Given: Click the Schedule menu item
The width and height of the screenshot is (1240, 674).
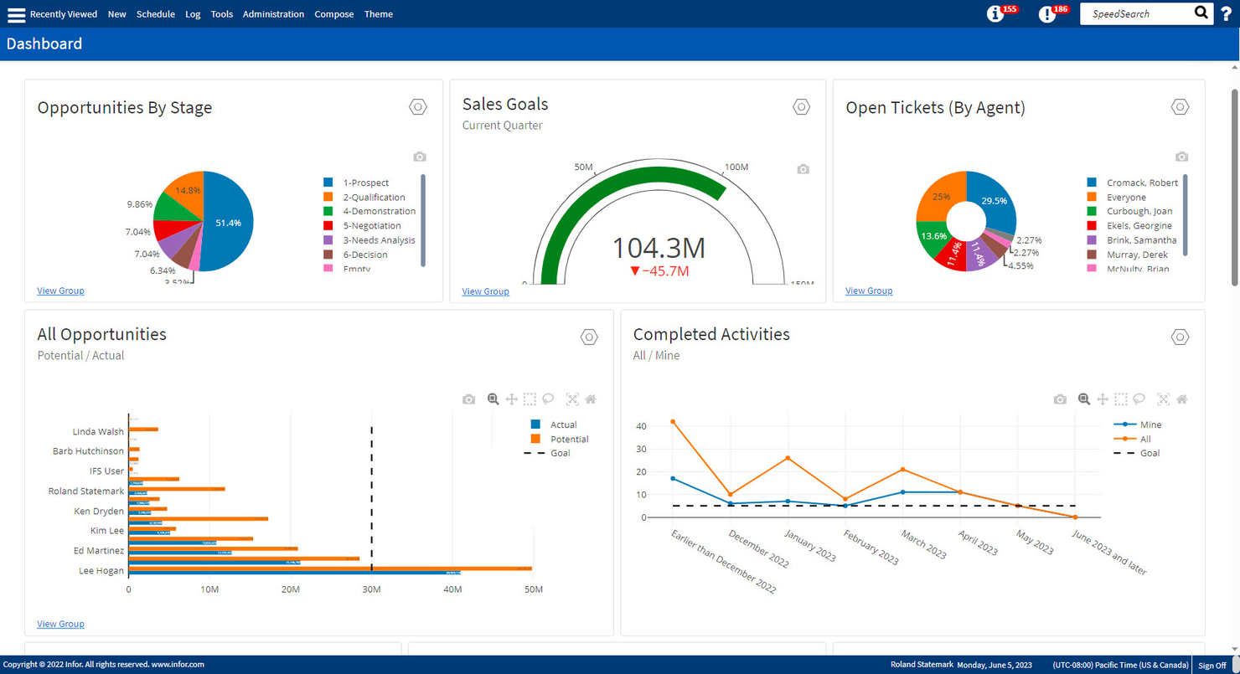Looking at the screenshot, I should [155, 14].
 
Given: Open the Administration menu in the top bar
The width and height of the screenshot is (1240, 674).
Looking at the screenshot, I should [273, 14].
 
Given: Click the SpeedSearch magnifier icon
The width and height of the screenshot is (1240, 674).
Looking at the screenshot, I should [1201, 13].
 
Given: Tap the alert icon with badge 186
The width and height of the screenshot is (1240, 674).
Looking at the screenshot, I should [1047, 14].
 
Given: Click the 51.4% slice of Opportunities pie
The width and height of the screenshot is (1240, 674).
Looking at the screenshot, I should [228, 223].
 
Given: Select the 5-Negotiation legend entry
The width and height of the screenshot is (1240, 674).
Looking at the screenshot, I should [371, 226].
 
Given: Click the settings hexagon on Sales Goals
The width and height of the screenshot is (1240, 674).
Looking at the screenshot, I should [801, 107].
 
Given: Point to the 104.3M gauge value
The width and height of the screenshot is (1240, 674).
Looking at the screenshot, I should [659, 248].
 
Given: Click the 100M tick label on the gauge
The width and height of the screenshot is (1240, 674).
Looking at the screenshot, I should [736, 167].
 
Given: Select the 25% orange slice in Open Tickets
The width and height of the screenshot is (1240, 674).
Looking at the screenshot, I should [940, 197].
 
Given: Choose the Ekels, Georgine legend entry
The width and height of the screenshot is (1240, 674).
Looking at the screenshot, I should [1139, 226].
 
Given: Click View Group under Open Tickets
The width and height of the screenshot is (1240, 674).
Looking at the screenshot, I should [868, 291].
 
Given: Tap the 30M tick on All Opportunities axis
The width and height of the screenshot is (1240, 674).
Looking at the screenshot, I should [371, 589].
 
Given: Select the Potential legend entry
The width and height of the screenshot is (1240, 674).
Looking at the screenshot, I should [569, 439].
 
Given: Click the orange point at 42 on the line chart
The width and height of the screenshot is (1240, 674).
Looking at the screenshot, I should [672, 422].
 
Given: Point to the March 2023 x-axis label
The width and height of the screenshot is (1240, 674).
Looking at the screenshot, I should [922, 543].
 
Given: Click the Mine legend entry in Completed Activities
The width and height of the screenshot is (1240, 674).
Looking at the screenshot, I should [1150, 424].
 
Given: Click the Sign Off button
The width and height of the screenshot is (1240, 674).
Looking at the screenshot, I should [1212, 666].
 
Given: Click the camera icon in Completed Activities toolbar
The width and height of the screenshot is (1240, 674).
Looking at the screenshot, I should [1060, 399].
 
